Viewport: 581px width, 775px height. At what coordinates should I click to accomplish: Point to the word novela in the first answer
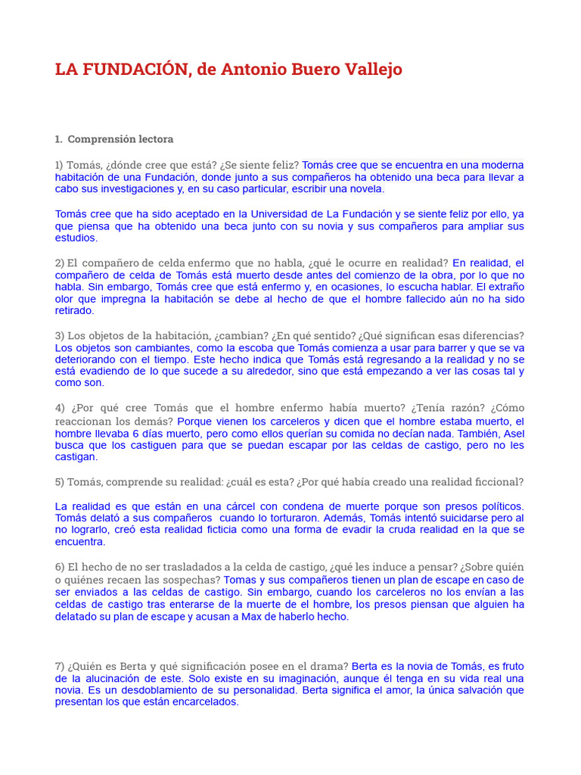[x=365, y=189]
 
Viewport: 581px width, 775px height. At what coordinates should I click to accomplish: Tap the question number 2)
[x=61, y=263]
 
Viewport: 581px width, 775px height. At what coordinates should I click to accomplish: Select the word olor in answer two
[x=66, y=299]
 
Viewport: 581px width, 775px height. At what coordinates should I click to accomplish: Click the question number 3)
[x=61, y=335]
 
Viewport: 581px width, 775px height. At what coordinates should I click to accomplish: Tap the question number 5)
[x=61, y=481]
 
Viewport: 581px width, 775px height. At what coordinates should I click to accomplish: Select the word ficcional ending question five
[x=498, y=481]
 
